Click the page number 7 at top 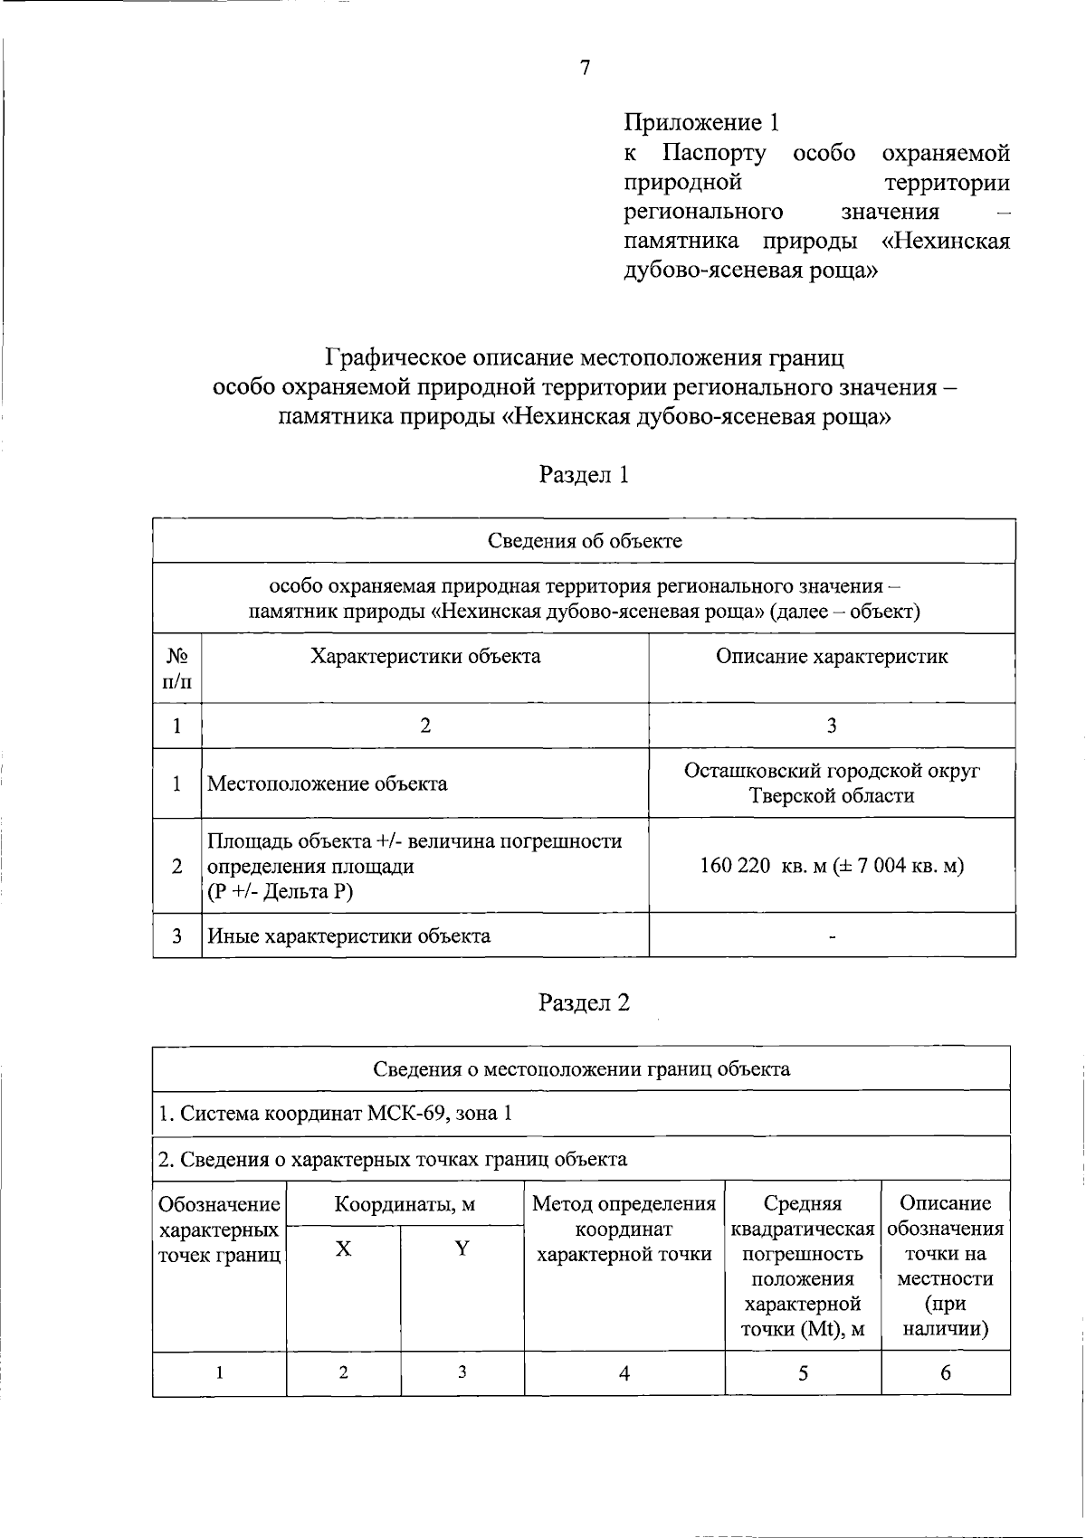click(585, 68)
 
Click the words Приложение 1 click(701, 122)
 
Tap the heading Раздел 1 click(584, 475)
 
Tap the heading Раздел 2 click(584, 1002)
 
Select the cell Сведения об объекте click(585, 541)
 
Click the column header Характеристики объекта click(425, 657)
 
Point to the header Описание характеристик click(832, 657)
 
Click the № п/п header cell click(177, 668)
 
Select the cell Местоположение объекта click(328, 783)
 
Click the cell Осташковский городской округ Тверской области click(832, 783)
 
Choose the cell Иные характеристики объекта click(349, 936)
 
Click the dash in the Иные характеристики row click(832, 938)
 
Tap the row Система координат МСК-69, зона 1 click(336, 1113)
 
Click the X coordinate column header click(343, 1249)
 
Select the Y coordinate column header click(462, 1249)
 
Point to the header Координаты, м click(405, 1205)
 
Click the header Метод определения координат click(624, 1229)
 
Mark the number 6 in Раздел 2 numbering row click(945, 1373)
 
